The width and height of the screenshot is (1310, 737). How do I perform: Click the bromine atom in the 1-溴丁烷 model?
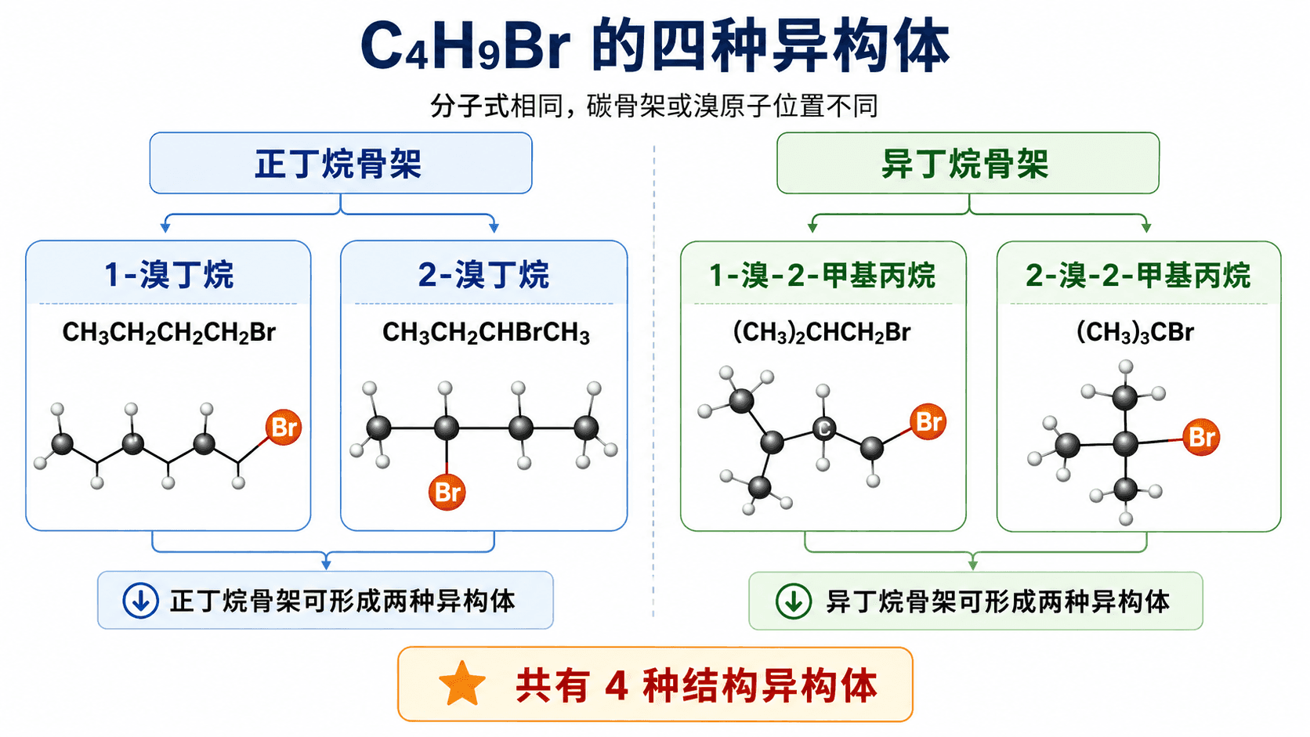pos(284,427)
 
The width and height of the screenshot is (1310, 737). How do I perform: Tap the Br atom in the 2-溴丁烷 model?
pos(447,492)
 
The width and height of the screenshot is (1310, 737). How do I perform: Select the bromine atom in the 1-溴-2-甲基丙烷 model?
pos(928,422)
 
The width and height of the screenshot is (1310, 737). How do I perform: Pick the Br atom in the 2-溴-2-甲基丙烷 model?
pos(1201,437)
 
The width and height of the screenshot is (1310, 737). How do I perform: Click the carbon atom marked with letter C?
pos(824,429)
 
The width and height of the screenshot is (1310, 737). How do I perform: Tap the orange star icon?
pos(462,683)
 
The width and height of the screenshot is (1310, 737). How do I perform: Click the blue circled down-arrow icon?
pos(140,601)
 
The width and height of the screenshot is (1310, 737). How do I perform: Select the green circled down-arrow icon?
pos(793,602)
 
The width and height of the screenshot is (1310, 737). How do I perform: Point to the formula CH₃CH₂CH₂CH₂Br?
pos(169,333)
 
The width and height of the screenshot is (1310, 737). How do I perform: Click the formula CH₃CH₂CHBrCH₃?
pos(486,333)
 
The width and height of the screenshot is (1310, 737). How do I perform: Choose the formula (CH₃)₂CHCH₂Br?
pos(822,333)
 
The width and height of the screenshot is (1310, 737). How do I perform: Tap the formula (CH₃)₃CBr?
pos(1135,333)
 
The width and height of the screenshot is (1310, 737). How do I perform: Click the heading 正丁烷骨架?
pos(338,164)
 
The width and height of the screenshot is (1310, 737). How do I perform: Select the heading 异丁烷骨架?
pos(965,164)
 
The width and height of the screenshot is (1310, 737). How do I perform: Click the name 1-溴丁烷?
pos(169,274)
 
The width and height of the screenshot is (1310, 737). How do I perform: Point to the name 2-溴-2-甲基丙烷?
pos(1138,275)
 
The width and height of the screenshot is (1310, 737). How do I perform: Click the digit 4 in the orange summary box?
pos(617,685)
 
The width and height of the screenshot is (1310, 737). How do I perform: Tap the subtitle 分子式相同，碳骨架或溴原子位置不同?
pos(654,107)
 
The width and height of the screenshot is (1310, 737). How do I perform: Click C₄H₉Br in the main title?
pos(465,45)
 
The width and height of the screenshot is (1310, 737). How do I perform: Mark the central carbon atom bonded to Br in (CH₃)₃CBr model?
pos(1125,444)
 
